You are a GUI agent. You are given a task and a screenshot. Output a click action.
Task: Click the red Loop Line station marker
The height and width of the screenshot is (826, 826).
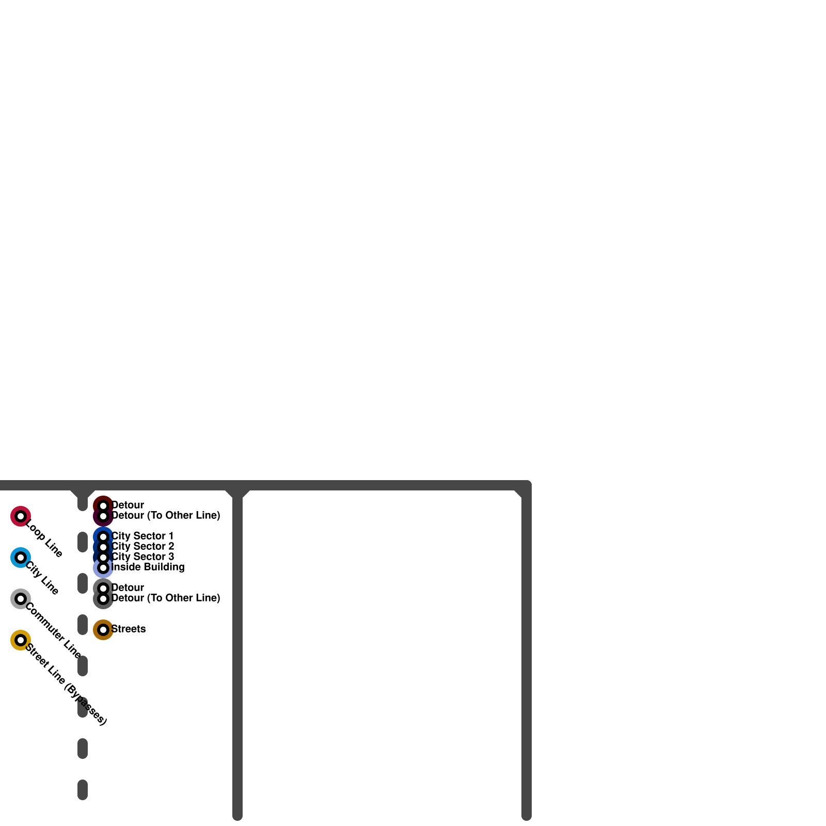(x=21, y=516)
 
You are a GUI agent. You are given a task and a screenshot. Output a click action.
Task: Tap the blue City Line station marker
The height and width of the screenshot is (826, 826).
(x=21, y=558)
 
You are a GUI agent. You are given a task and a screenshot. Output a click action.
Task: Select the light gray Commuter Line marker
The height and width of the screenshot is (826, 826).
(x=21, y=599)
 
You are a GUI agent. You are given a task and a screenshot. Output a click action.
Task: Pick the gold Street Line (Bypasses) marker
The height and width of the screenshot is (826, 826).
(x=21, y=640)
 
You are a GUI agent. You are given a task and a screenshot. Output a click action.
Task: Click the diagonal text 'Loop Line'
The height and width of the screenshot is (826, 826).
(x=44, y=539)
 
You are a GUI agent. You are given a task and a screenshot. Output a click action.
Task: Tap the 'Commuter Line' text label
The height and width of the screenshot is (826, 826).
(x=53, y=631)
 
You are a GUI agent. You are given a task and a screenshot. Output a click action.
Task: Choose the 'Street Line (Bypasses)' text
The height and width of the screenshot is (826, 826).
(x=66, y=685)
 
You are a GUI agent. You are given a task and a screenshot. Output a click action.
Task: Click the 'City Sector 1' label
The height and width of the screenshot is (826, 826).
(x=142, y=536)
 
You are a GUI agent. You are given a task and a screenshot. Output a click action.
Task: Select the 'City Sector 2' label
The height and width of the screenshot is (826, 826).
(x=142, y=546)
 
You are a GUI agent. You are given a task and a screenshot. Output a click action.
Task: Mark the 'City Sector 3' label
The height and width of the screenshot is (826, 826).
(x=142, y=557)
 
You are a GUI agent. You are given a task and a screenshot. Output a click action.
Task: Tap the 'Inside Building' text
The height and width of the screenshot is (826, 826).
(x=148, y=567)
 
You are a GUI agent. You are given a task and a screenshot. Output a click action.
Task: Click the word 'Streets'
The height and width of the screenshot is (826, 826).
(x=129, y=629)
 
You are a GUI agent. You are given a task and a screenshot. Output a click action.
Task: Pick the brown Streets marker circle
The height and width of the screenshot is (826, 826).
(x=103, y=630)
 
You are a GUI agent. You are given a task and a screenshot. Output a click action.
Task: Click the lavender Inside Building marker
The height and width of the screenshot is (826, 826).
(x=103, y=568)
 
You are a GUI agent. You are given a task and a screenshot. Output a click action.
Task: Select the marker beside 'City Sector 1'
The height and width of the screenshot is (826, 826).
(x=103, y=537)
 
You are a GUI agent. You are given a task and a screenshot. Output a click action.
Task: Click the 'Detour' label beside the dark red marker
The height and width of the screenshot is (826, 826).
(x=128, y=505)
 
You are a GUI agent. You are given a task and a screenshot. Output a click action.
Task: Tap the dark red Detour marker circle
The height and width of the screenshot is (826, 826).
(x=103, y=505)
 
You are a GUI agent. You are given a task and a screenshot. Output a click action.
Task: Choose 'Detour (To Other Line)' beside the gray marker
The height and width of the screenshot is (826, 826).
(x=166, y=598)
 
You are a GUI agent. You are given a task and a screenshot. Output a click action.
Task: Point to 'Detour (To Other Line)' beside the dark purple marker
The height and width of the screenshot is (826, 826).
(x=166, y=515)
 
